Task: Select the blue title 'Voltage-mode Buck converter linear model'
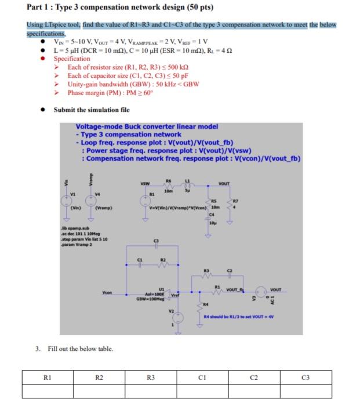(147, 126)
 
